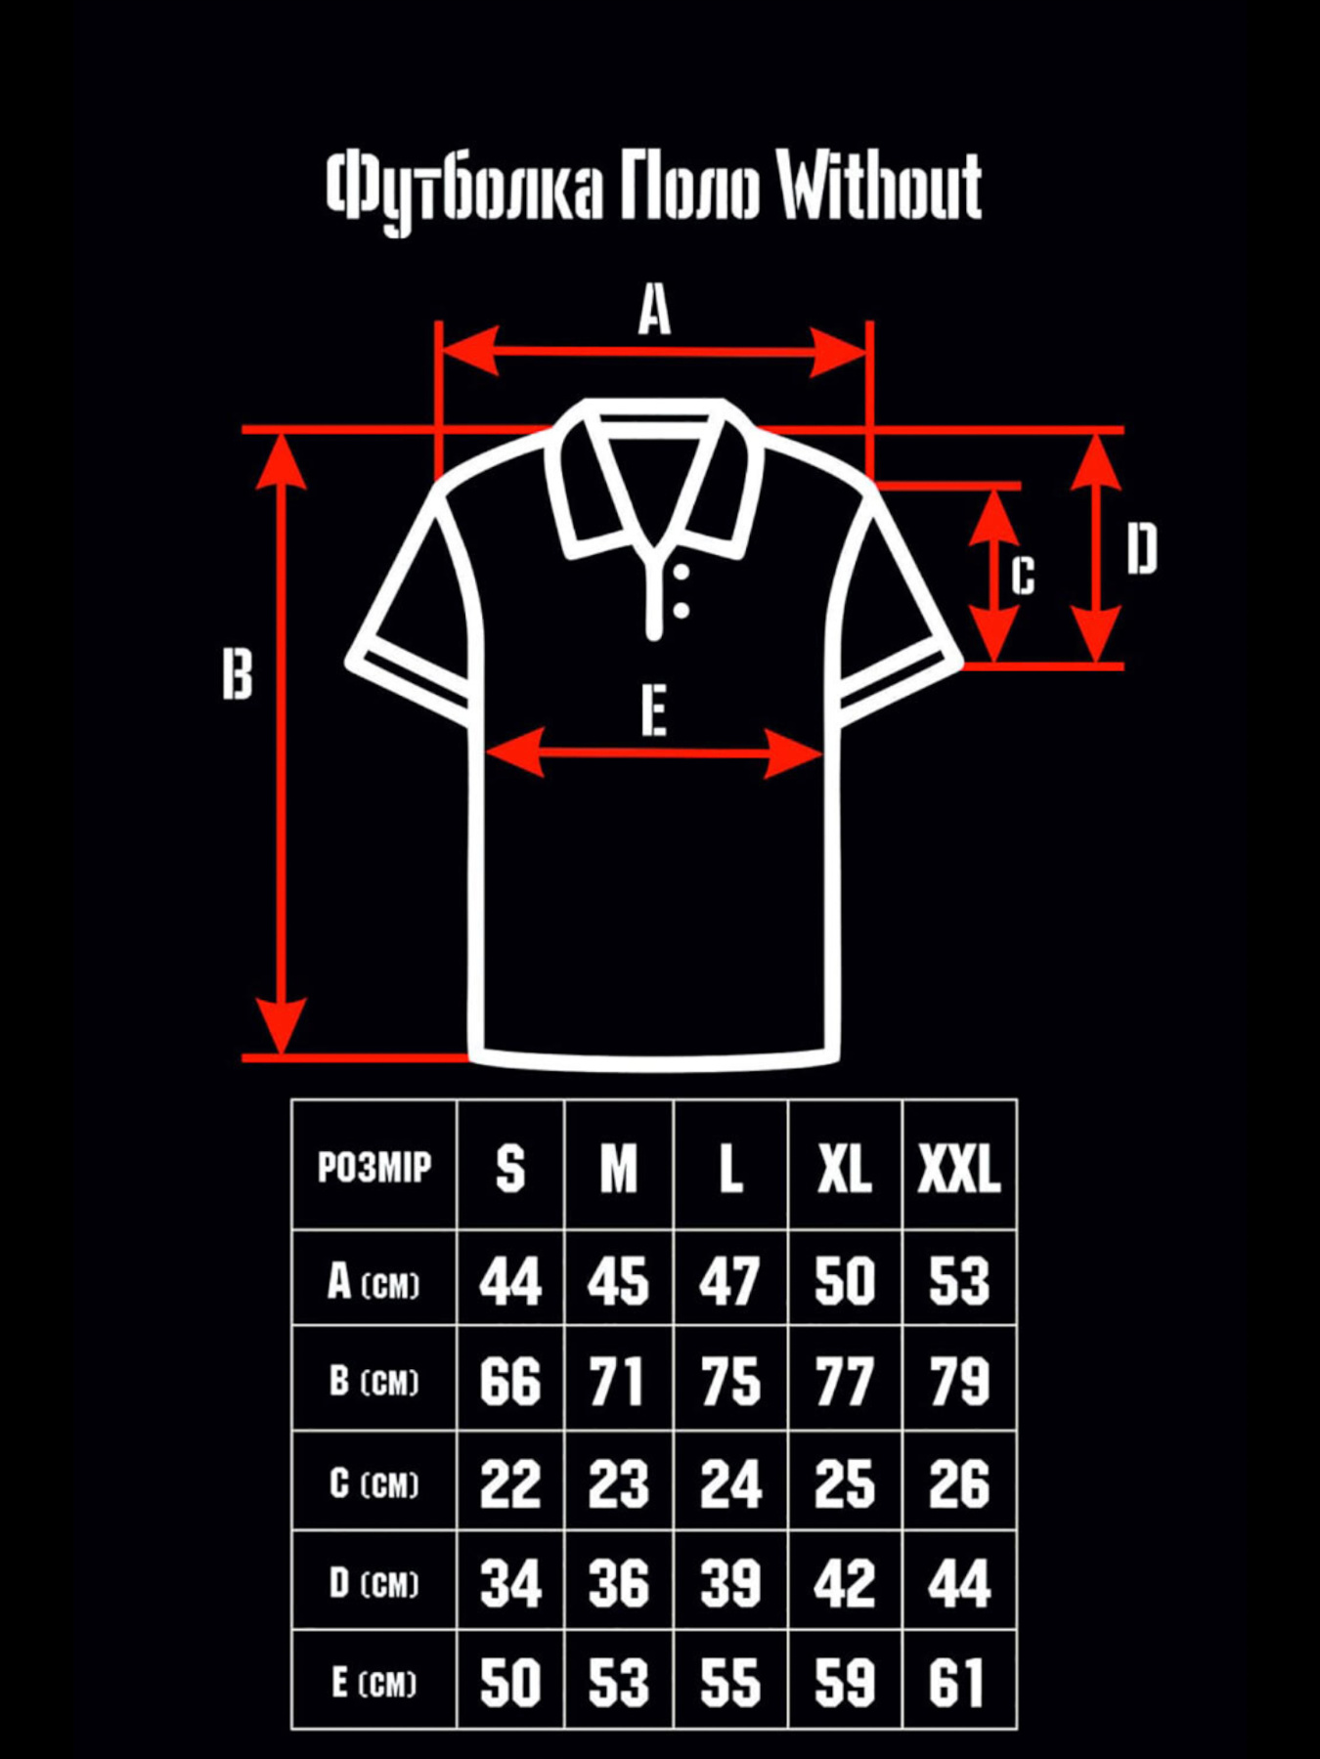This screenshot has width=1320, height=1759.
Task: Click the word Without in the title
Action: tap(879, 186)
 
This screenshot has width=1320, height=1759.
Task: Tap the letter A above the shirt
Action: tap(654, 311)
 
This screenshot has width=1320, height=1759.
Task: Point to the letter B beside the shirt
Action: tap(237, 674)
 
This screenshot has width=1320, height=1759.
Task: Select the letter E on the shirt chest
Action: tap(654, 710)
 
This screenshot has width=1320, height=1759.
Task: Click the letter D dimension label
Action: tap(1141, 549)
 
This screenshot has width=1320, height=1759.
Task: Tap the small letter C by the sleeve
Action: tap(1023, 576)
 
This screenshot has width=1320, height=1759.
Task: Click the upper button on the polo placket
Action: tap(682, 573)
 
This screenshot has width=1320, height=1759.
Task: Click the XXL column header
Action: tap(958, 1168)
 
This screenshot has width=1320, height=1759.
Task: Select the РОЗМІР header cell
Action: tap(374, 1167)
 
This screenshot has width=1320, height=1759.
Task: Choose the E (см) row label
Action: tap(374, 1683)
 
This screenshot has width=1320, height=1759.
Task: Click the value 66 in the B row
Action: tap(509, 1382)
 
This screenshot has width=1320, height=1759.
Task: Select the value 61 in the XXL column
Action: tap(956, 1683)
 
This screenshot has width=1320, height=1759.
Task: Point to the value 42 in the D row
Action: tap(844, 1583)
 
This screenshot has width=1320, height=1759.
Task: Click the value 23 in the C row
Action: tap(618, 1483)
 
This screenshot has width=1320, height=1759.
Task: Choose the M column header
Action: tap(618, 1168)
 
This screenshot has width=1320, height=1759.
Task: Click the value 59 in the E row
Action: tap(844, 1683)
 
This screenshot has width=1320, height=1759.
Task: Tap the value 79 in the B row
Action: tap(958, 1382)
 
